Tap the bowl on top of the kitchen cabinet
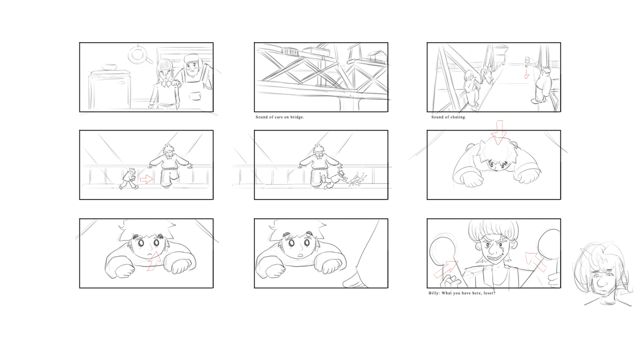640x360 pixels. click(x=109, y=67)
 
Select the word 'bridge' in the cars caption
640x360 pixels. click(x=297, y=117)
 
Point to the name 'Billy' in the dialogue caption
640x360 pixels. click(x=434, y=293)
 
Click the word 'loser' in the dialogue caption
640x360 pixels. click(x=490, y=293)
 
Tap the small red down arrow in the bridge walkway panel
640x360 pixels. click(x=526, y=73)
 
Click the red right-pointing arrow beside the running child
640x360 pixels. click(x=147, y=179)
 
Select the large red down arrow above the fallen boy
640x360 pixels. click(x=499, y=133)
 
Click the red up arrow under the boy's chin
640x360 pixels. click(x=154, y=261)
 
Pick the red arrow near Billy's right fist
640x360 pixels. click(x=446, y=269)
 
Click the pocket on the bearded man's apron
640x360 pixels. click(x=196, y=95)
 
